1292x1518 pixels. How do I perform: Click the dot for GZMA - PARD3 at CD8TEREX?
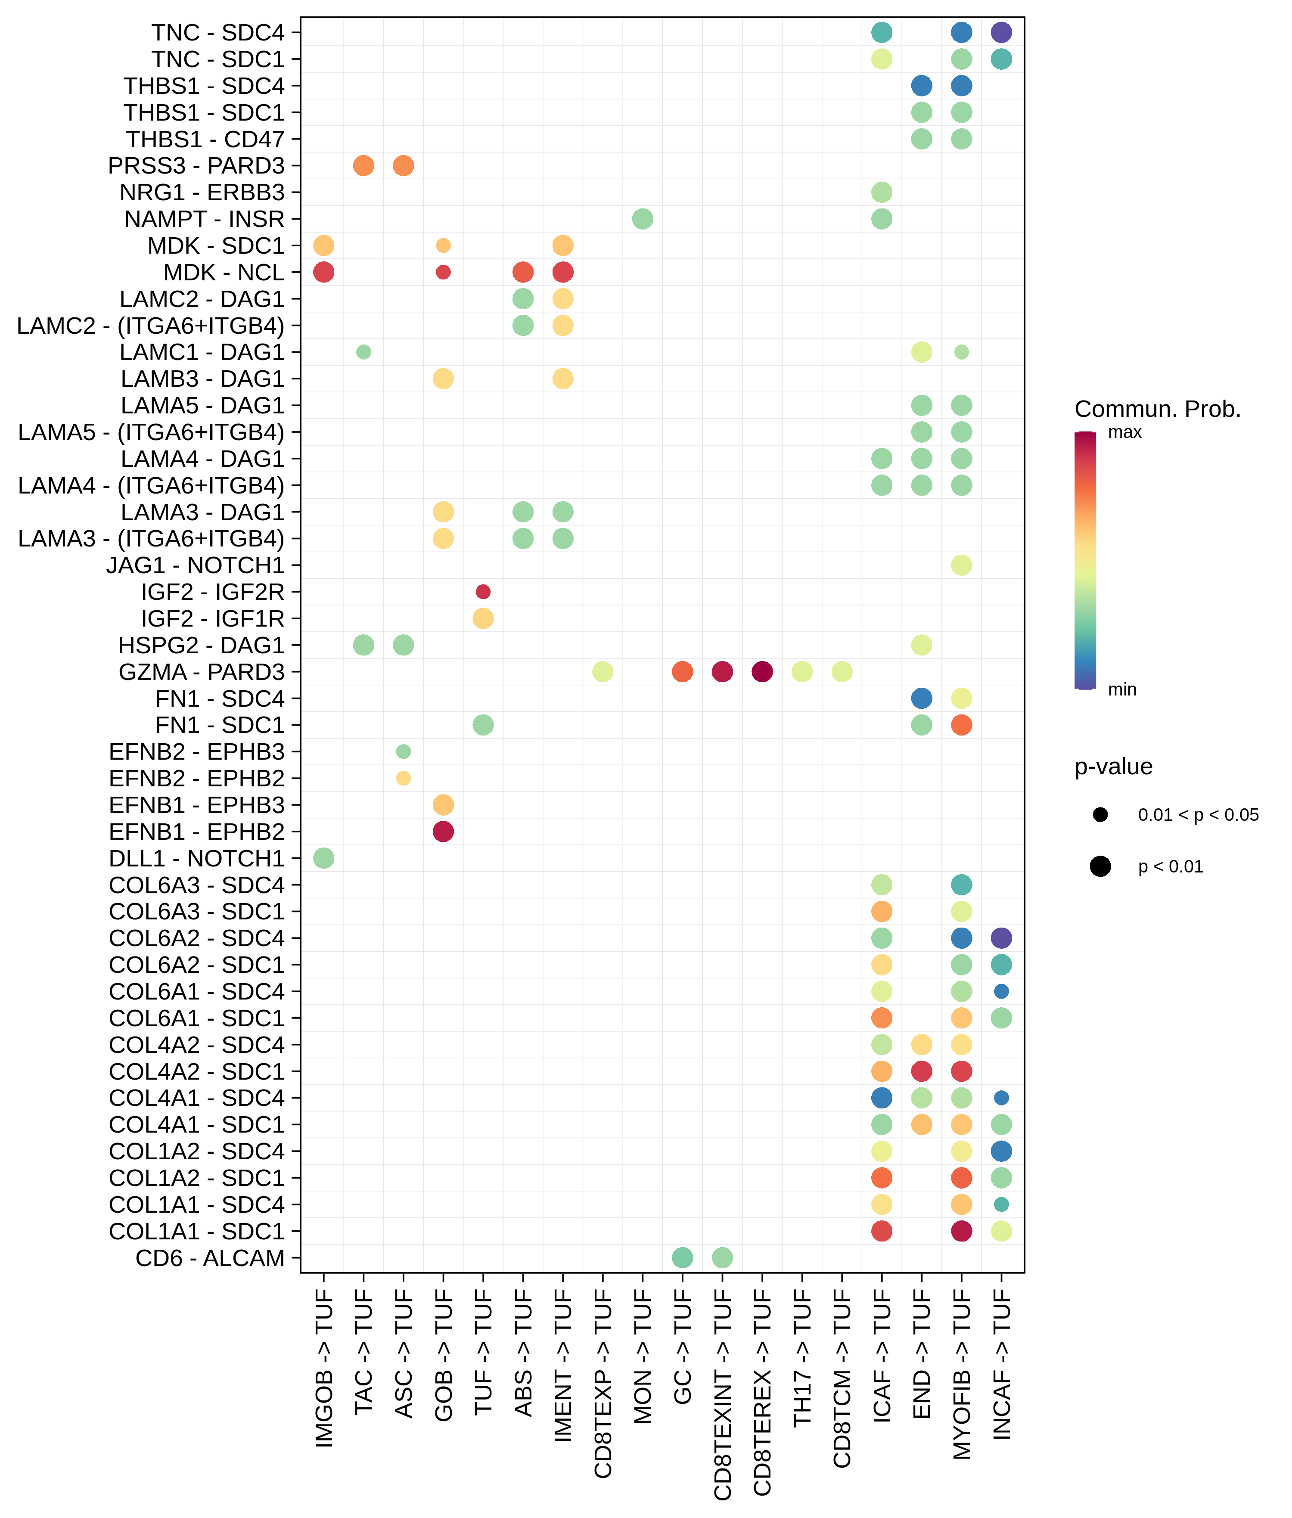[762, 671]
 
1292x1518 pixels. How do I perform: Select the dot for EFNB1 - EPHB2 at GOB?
[443, 832]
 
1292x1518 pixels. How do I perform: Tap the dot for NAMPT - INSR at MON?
[642, 219]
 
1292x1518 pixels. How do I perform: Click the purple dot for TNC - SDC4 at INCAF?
[1001, 32]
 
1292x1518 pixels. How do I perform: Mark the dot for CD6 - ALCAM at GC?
[682, 1258]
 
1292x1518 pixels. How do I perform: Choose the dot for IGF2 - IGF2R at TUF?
[483, 592]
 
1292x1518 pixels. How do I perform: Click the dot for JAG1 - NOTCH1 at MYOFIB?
[962, 565]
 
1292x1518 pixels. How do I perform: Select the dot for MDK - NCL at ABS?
[523, 273]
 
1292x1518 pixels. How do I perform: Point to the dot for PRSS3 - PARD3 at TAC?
[363, 165]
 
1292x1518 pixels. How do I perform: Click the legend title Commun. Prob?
[1157, 410]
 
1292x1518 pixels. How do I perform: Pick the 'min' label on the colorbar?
[1122, 690]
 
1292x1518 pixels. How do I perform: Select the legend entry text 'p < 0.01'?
[1171, 867]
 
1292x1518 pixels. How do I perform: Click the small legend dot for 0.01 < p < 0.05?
[1100, 815]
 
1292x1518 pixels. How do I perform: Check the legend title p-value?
[1113, 767]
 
